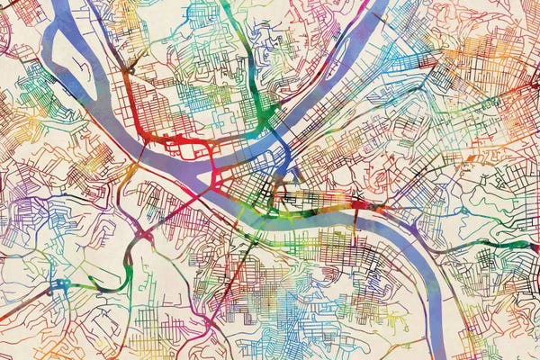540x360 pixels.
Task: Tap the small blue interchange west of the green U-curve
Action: [x=61, y=286]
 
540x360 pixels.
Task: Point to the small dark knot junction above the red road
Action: [x=131, y=67]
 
